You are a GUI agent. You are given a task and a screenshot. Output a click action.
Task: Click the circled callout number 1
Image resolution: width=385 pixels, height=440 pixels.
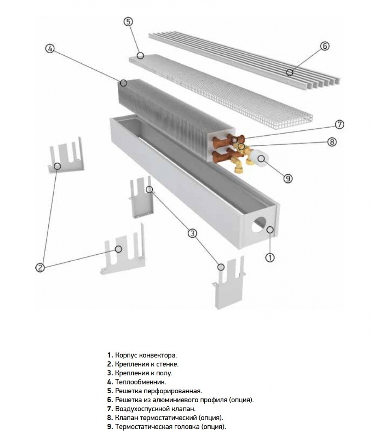(270, 257)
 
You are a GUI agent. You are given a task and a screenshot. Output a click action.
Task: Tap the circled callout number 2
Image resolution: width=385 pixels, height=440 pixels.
(40, 267)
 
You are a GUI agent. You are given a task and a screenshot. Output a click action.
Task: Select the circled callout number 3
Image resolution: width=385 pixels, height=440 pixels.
(193, 233)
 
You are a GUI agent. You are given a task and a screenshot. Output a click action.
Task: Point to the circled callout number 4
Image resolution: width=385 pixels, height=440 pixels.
(50, 49)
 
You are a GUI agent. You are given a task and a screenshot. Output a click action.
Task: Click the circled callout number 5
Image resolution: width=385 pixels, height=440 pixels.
(128, 22)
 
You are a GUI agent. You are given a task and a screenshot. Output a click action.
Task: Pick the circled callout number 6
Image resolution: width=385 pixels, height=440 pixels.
(325, 46)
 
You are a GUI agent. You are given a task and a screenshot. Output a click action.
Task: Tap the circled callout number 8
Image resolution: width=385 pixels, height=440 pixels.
(332, 142)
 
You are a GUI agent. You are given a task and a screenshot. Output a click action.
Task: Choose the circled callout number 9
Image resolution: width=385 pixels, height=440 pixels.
(288, 178)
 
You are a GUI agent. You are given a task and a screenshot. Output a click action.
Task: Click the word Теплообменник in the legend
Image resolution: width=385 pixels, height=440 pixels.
(141, 382)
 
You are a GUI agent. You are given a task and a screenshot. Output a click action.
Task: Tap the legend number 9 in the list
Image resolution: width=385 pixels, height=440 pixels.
(110, 427)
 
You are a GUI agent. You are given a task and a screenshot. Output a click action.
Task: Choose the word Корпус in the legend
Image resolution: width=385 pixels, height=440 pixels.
(124, 355)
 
